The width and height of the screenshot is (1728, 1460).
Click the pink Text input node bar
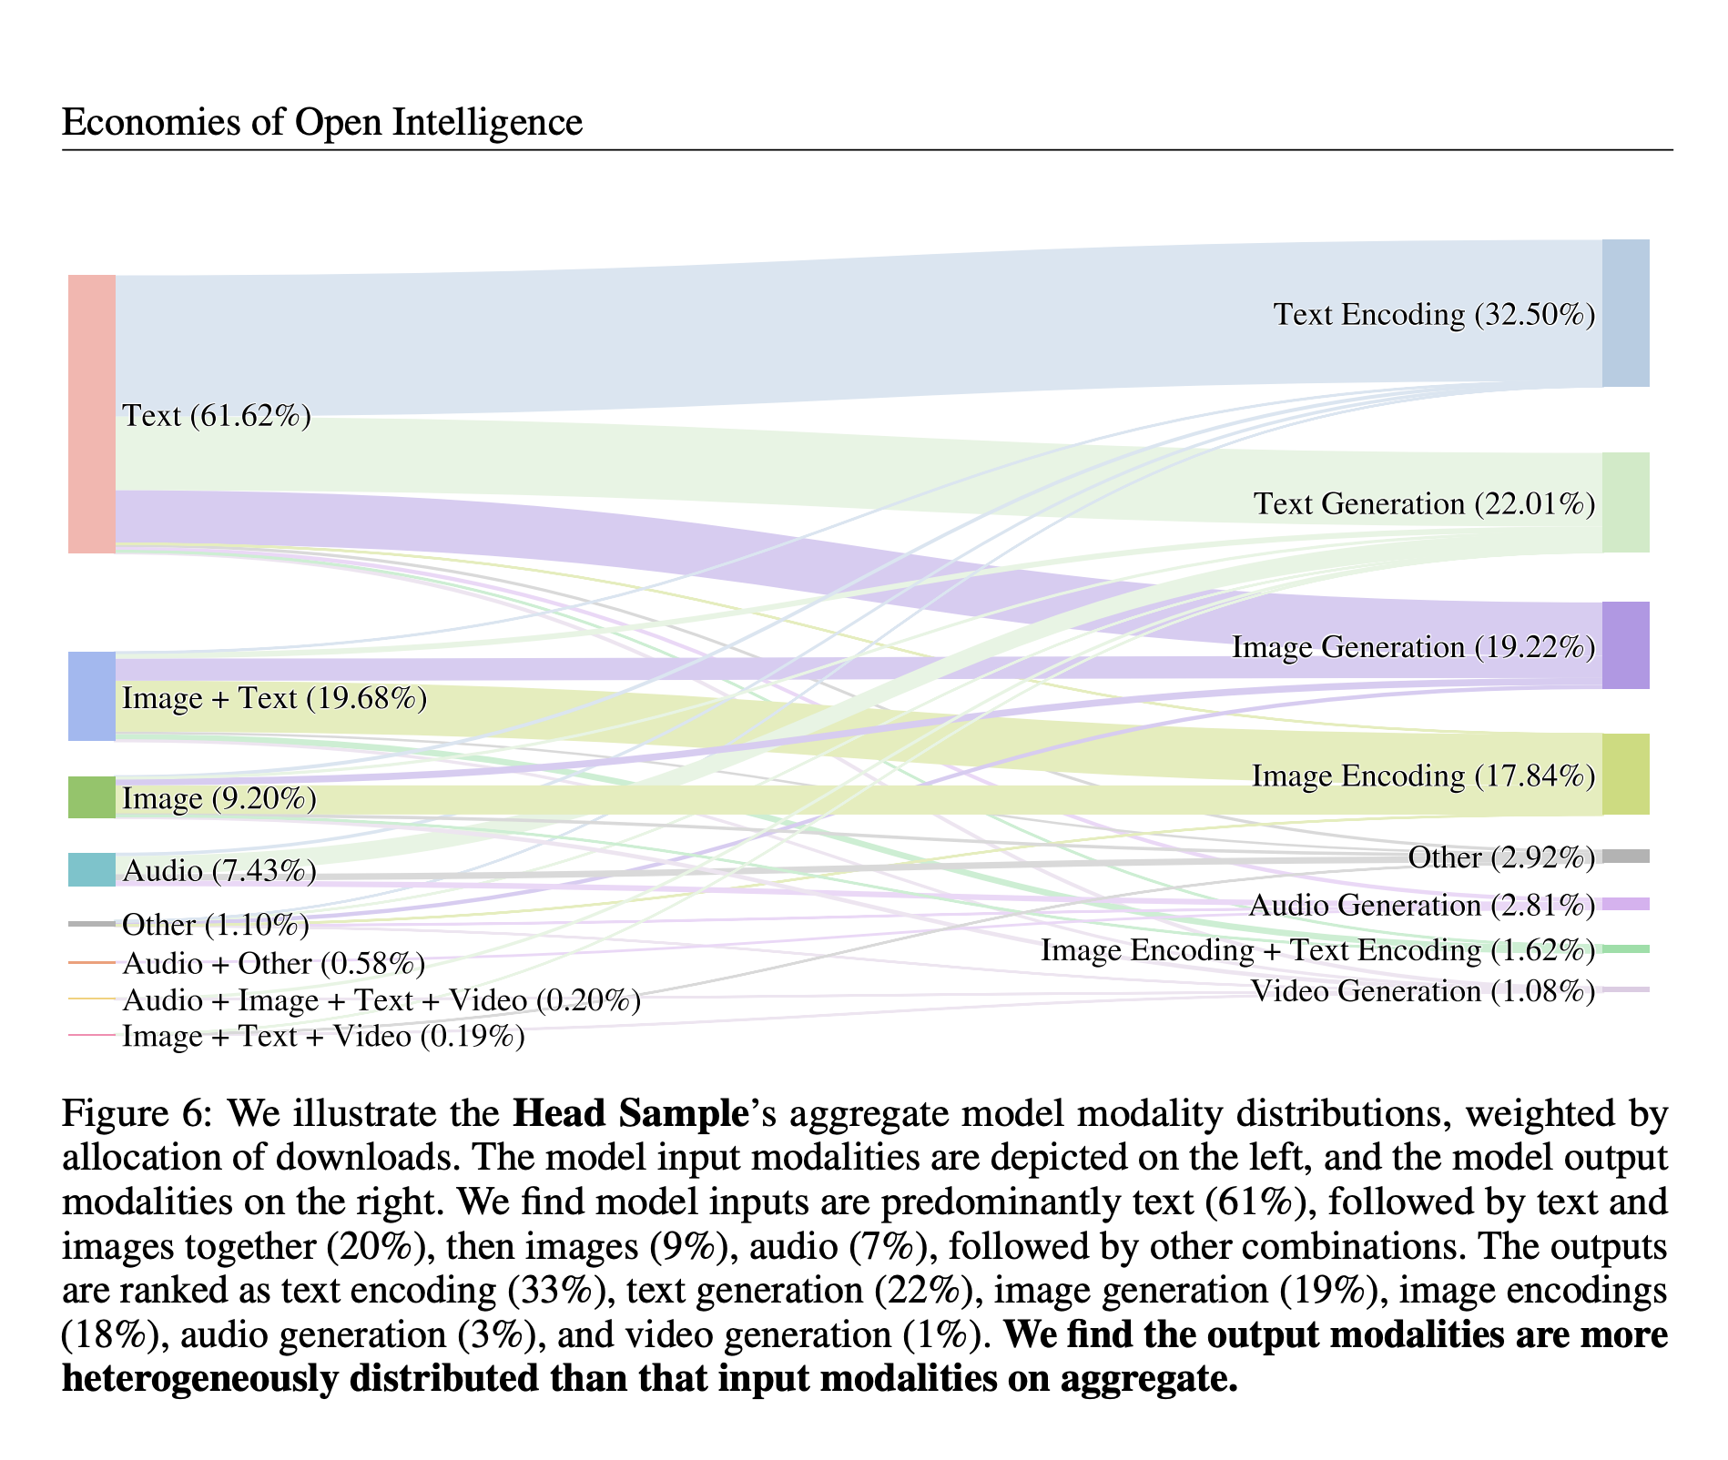(92, 413)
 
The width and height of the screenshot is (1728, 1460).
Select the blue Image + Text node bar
(92, 696)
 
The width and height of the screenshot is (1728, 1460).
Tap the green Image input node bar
(92, 797)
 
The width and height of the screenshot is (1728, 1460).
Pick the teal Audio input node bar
(92, 869)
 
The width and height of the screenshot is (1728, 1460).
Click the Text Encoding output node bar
(1625, 313)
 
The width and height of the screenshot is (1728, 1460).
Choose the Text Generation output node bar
(1625, 502)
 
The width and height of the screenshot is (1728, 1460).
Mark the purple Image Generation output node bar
(1625, 645)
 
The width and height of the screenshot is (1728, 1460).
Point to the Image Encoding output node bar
(1625, 774)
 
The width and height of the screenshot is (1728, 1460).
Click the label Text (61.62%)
(217, 416)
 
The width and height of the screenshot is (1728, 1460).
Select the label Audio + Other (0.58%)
(273, 963)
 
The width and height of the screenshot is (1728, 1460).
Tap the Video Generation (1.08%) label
(1422, 991)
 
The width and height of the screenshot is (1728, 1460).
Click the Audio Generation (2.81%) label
(1421, 906)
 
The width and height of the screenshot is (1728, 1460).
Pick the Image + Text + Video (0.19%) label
(323, 1037)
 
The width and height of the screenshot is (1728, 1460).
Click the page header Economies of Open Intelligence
(321, 122)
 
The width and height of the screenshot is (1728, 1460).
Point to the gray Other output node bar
(1625, 857)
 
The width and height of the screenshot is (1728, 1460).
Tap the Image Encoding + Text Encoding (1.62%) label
(1317, 951)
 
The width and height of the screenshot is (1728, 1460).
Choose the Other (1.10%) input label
(216, 926)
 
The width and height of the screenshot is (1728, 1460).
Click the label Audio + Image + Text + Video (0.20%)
(381, 1000)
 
